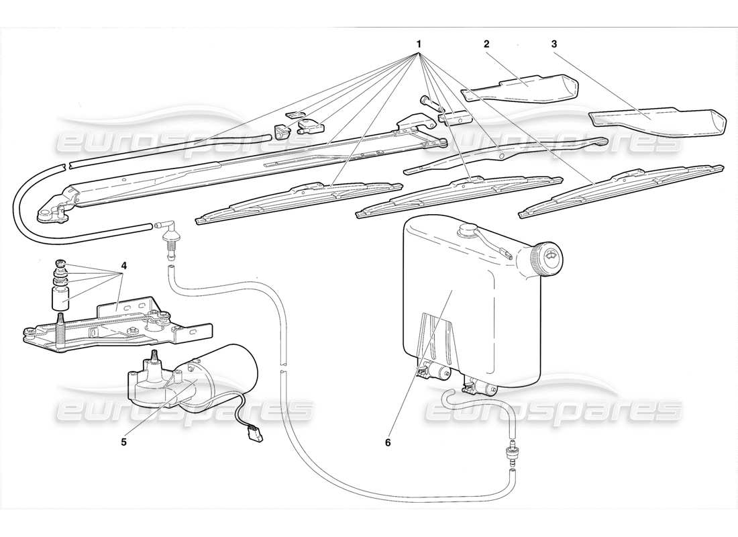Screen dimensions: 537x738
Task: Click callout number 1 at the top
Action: [419, 44]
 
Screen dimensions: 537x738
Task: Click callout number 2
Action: [486, 44]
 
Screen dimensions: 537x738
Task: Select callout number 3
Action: [554, 44]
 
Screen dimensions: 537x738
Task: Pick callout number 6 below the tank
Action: [387, 442]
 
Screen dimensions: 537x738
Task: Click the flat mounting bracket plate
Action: [114, 326]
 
